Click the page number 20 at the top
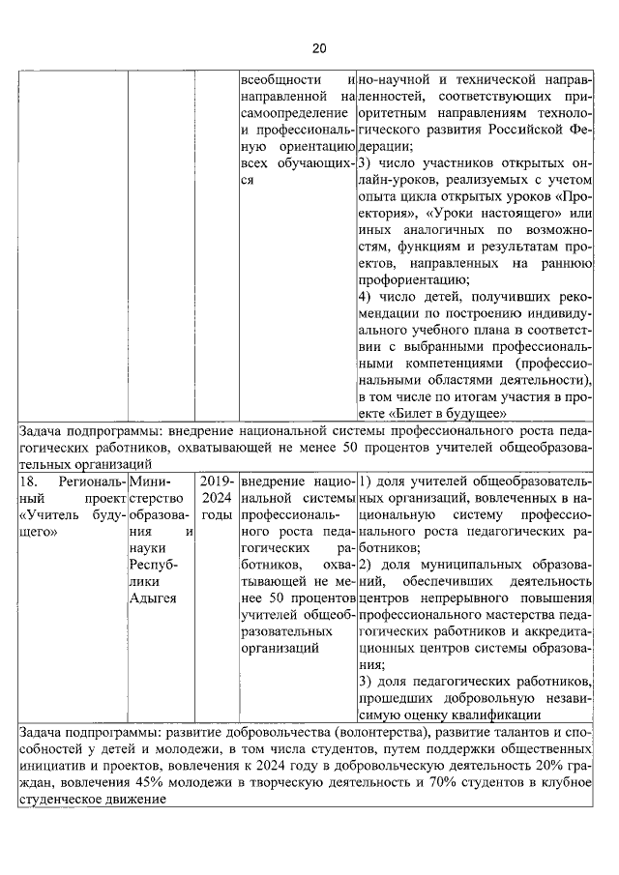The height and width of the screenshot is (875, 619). click(318, 48)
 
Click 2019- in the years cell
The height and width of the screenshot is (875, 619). click(217, 481)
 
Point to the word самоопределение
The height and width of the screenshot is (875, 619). click(286, 113)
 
